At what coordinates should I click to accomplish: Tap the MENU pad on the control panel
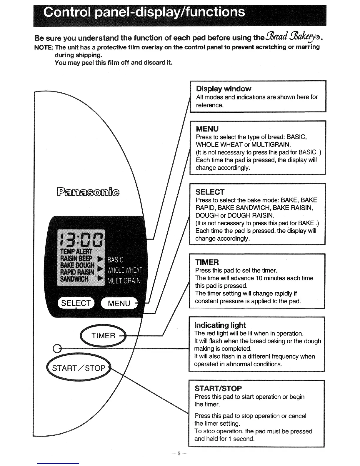(119, 303)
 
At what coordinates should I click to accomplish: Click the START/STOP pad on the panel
(79, 368)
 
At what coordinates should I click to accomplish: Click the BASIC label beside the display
(116, 260)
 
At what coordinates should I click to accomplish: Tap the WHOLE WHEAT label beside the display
(124, 270)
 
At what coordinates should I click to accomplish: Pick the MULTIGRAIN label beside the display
(124, 281)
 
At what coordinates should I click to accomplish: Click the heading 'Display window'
(224, 89)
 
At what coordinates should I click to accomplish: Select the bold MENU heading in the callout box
(207, 129)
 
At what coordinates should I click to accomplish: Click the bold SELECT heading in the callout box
(210, 192)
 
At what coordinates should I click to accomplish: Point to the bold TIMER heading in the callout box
(207, 262)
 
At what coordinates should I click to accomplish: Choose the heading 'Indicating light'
(220, 325)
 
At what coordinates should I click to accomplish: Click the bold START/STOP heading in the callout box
(218, 388)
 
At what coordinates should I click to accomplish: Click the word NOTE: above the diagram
(44, 47)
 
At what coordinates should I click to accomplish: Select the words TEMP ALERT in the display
(76, 252)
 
